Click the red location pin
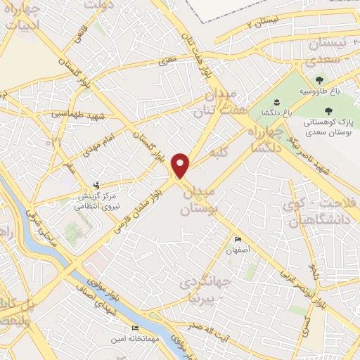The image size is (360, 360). tap(181, 165)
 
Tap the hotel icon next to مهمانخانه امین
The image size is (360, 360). tap(135, 328)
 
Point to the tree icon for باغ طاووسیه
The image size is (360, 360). tap(319, 80)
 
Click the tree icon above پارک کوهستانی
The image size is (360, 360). tap(328, 110)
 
